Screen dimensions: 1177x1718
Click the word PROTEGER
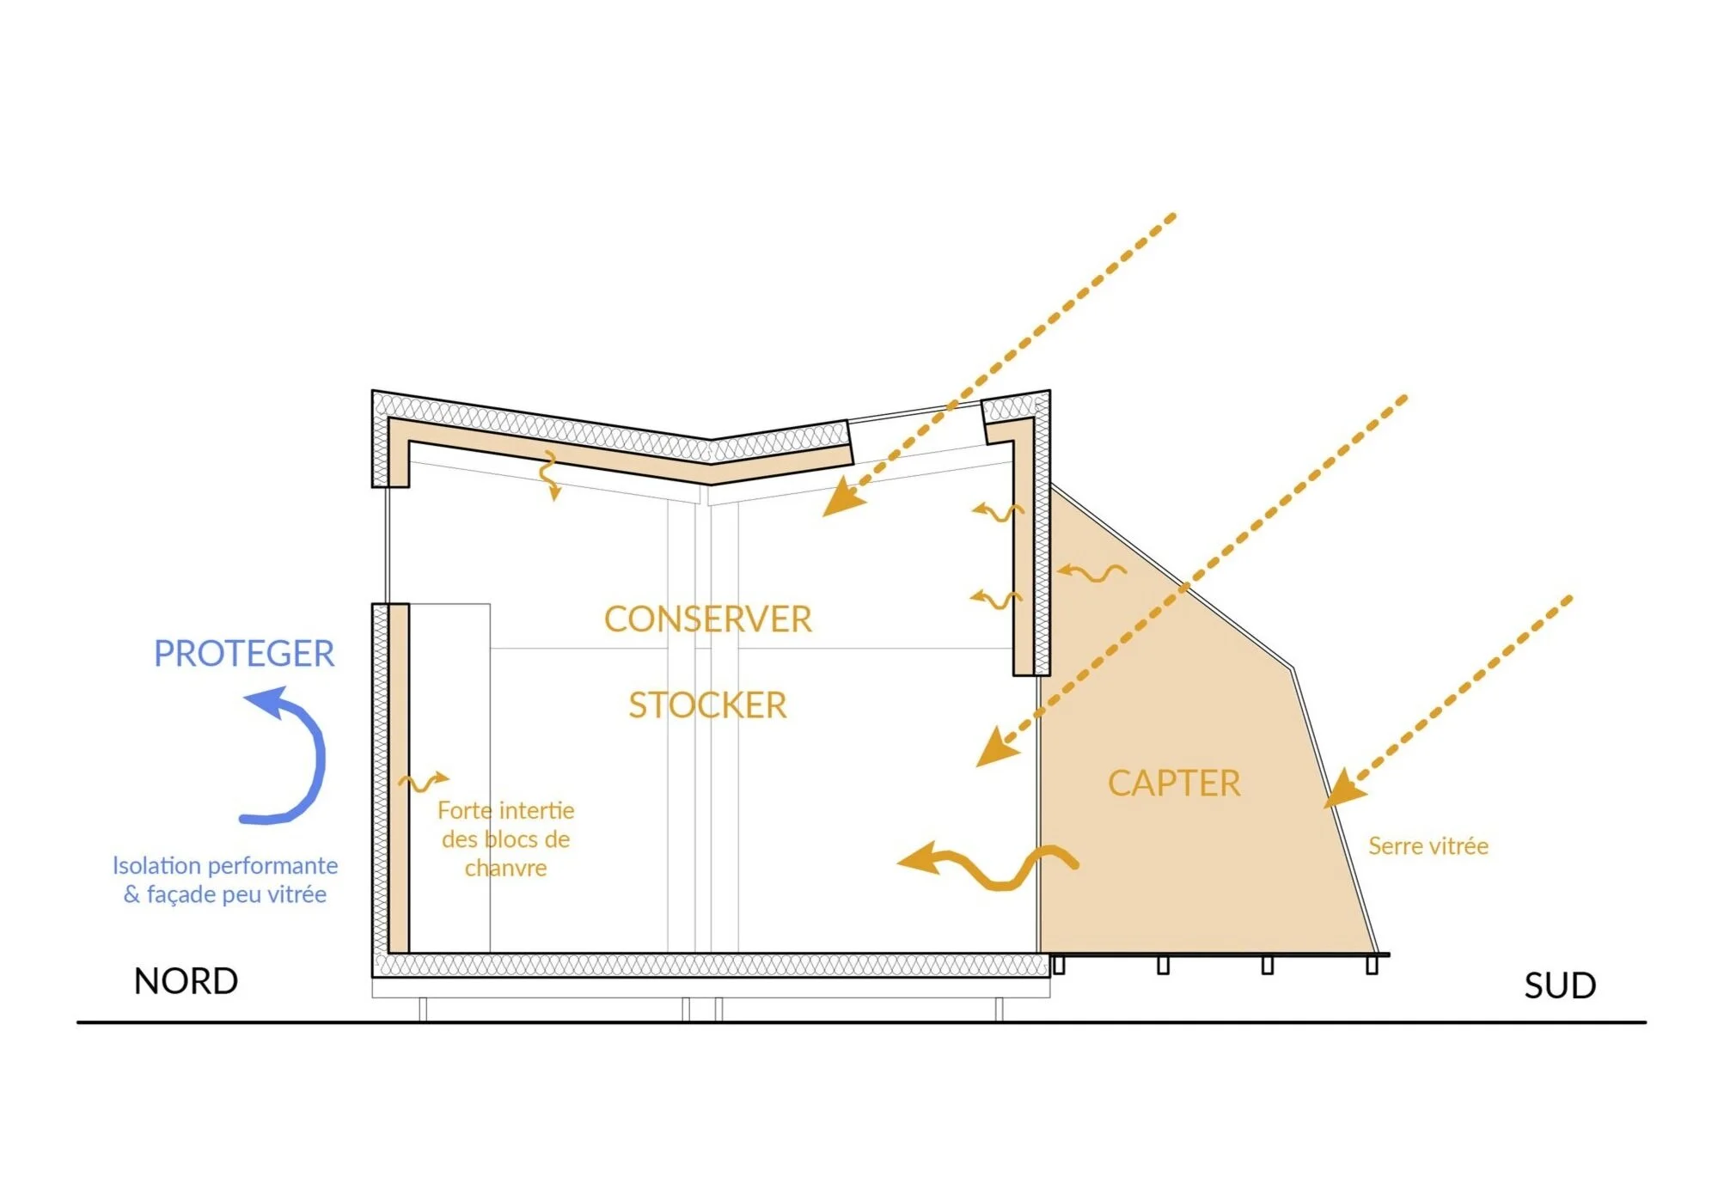click(244, 654)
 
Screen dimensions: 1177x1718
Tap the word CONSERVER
click(707, 619)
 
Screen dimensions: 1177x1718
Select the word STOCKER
click(707, 705)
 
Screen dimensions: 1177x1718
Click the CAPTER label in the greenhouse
click(1174, 784)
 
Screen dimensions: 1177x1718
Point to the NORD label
click(186, 981)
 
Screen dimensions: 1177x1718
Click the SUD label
click(1560, 985)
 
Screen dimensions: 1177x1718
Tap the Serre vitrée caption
click(1428, 846)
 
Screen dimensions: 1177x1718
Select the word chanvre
click(505, 869)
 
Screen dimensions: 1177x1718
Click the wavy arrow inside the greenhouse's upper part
click(1091, 572)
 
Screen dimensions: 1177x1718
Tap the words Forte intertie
click(505, 810)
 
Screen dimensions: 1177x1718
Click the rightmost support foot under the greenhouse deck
click(1372, 965)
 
